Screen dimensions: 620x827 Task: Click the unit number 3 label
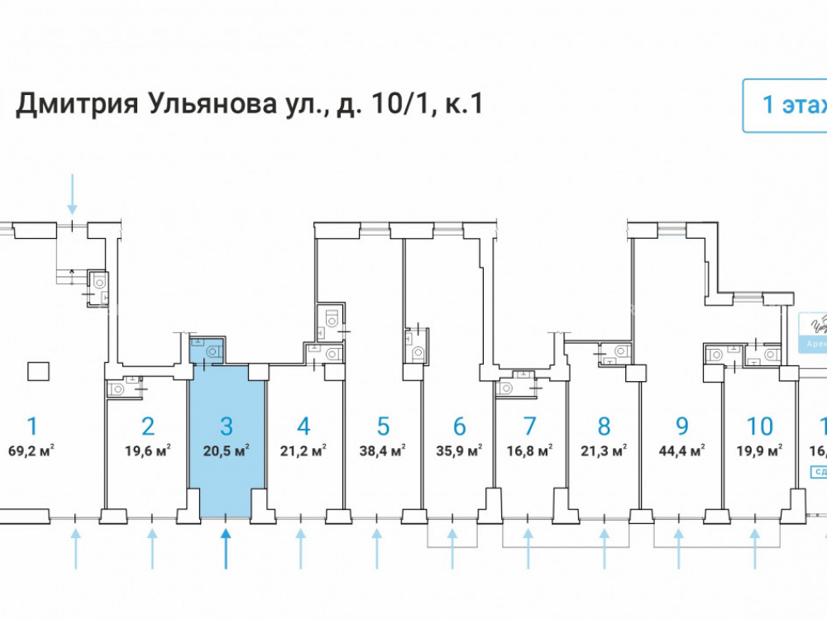click(226, 427)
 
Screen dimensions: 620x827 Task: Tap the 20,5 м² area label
click(226, 451)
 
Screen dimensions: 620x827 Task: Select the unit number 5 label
click(383, 427)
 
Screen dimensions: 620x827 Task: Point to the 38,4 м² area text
click(383, 451)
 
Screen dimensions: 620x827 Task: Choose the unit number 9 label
click(681, 427)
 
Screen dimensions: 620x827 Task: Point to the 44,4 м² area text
click(681, 451)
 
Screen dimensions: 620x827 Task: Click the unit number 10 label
click(759, 427)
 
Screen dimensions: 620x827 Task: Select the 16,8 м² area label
click(529, 451)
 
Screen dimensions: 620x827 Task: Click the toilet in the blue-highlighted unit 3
click(213, 351)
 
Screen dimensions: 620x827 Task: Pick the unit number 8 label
click(604, 427)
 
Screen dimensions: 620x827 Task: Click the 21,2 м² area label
click(304, 451)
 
